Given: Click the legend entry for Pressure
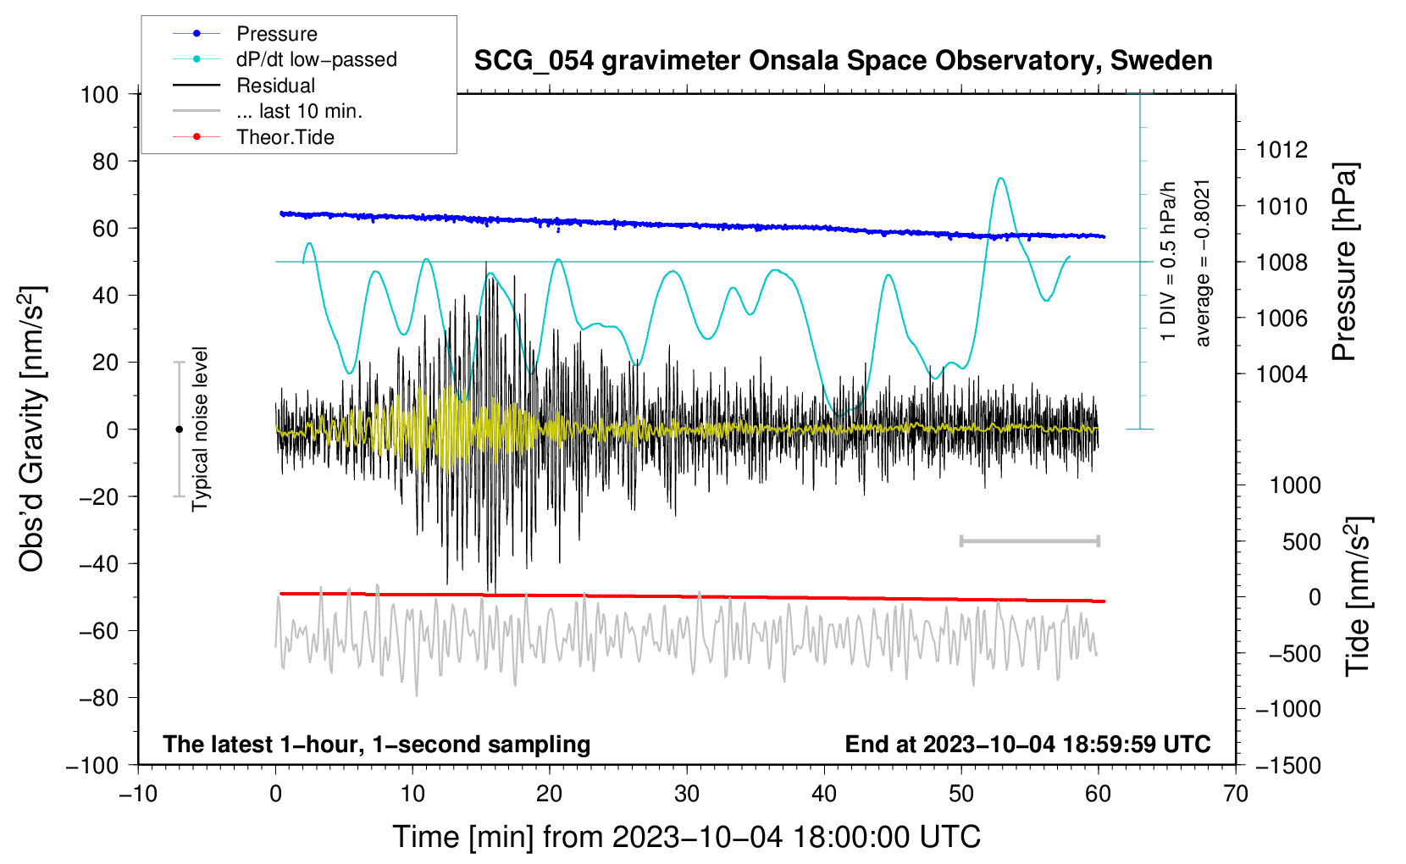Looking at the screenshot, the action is (245, 33).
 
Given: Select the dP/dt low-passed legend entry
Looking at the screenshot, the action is (285, 59).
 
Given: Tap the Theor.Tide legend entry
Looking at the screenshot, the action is (253, 137).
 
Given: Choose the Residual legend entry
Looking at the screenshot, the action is (244, 86).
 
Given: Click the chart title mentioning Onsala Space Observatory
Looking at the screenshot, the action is (843, 60).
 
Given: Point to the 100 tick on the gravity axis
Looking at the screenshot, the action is (100, 95).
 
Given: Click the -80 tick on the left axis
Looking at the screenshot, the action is (98, 698).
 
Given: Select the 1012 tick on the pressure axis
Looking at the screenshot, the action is (1281, 150).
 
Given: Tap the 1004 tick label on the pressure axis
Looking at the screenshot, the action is (1281, 374).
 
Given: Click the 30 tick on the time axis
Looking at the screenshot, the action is (687, 794).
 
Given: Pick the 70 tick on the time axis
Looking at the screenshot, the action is (1235, 794).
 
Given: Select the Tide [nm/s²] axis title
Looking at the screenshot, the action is (1359, 596).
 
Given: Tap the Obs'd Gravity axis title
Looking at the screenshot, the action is (31, 429).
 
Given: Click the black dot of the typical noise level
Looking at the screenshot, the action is (179, 429).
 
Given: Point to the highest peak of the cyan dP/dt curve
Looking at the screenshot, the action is (1000, 179).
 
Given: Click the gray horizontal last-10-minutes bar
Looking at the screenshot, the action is (1029, 540).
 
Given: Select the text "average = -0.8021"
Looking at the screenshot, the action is (1202, 263).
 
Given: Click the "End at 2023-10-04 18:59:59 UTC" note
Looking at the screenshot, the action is (1027, 744).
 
